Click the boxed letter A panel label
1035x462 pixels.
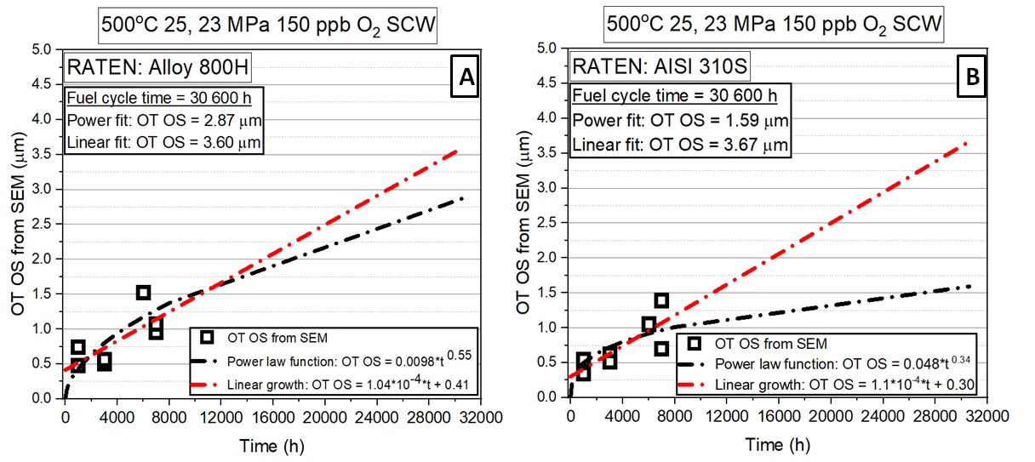466,77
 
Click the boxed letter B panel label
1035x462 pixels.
974,77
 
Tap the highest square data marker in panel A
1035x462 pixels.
143,293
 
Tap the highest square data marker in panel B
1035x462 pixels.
661,300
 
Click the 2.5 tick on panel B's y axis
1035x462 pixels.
550,223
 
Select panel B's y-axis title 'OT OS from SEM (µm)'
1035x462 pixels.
524,223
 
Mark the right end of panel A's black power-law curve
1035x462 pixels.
462,198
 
